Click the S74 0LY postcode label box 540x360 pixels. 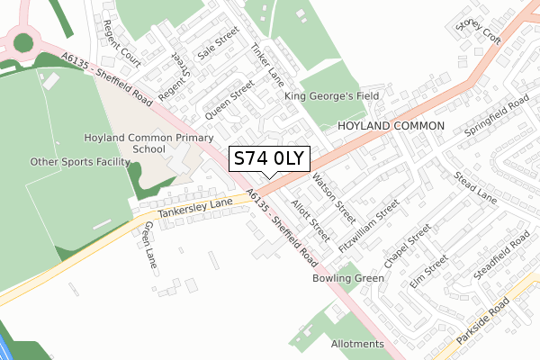[x=270, y=159]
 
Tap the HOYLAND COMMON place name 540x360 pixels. [x=391, y=126]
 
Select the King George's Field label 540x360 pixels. [x=332, y=95]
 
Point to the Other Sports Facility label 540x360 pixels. [x=80, y=162]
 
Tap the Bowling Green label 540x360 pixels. [x=348, y=278]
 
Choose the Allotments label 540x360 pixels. [x=357, y=344]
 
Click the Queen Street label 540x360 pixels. [x=229, y=103]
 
